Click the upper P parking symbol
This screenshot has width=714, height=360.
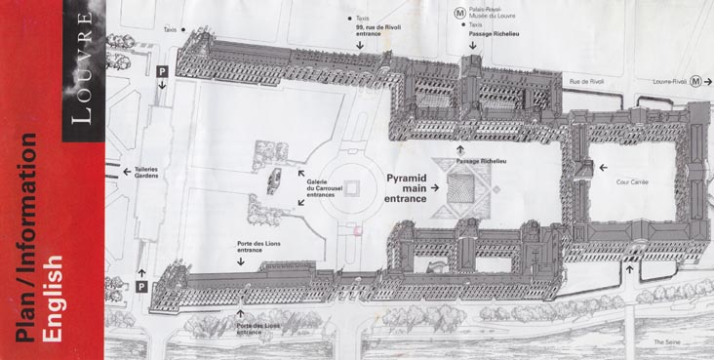point(163,70)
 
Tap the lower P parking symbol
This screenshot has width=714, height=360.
point(141,286)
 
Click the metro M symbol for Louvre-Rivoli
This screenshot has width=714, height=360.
point(695,82)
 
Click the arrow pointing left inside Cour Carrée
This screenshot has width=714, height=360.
point(605,166)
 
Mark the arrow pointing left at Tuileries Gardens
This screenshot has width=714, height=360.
point(126,172)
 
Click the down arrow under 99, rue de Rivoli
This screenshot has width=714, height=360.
point(360,58)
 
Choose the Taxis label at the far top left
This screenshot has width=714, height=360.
point(173,30)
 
